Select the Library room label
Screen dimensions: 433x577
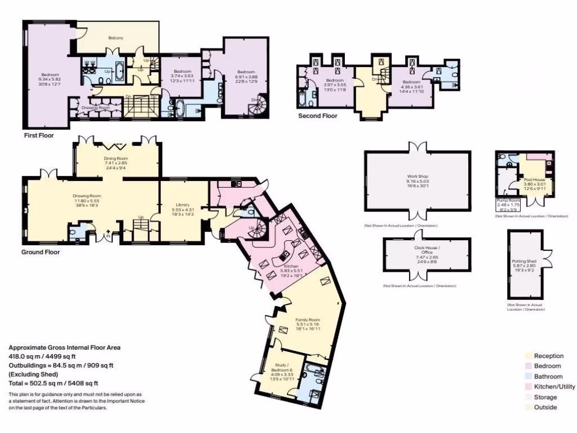(x=182, y=205)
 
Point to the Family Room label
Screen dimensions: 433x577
(x=308, y=320)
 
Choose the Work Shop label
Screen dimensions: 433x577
(x=418, y=176)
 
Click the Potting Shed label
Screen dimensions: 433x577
(x=523, y=261)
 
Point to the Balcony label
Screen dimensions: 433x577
(x=116, y=38)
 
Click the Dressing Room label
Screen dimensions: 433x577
(x=96, y=108)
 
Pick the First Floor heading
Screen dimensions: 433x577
(x=39, y=136)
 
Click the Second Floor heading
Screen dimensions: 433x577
(x=318, y=116)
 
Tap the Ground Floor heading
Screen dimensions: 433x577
(x=41, y=252)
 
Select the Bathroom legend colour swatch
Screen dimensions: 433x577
(x=528, y=377)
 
